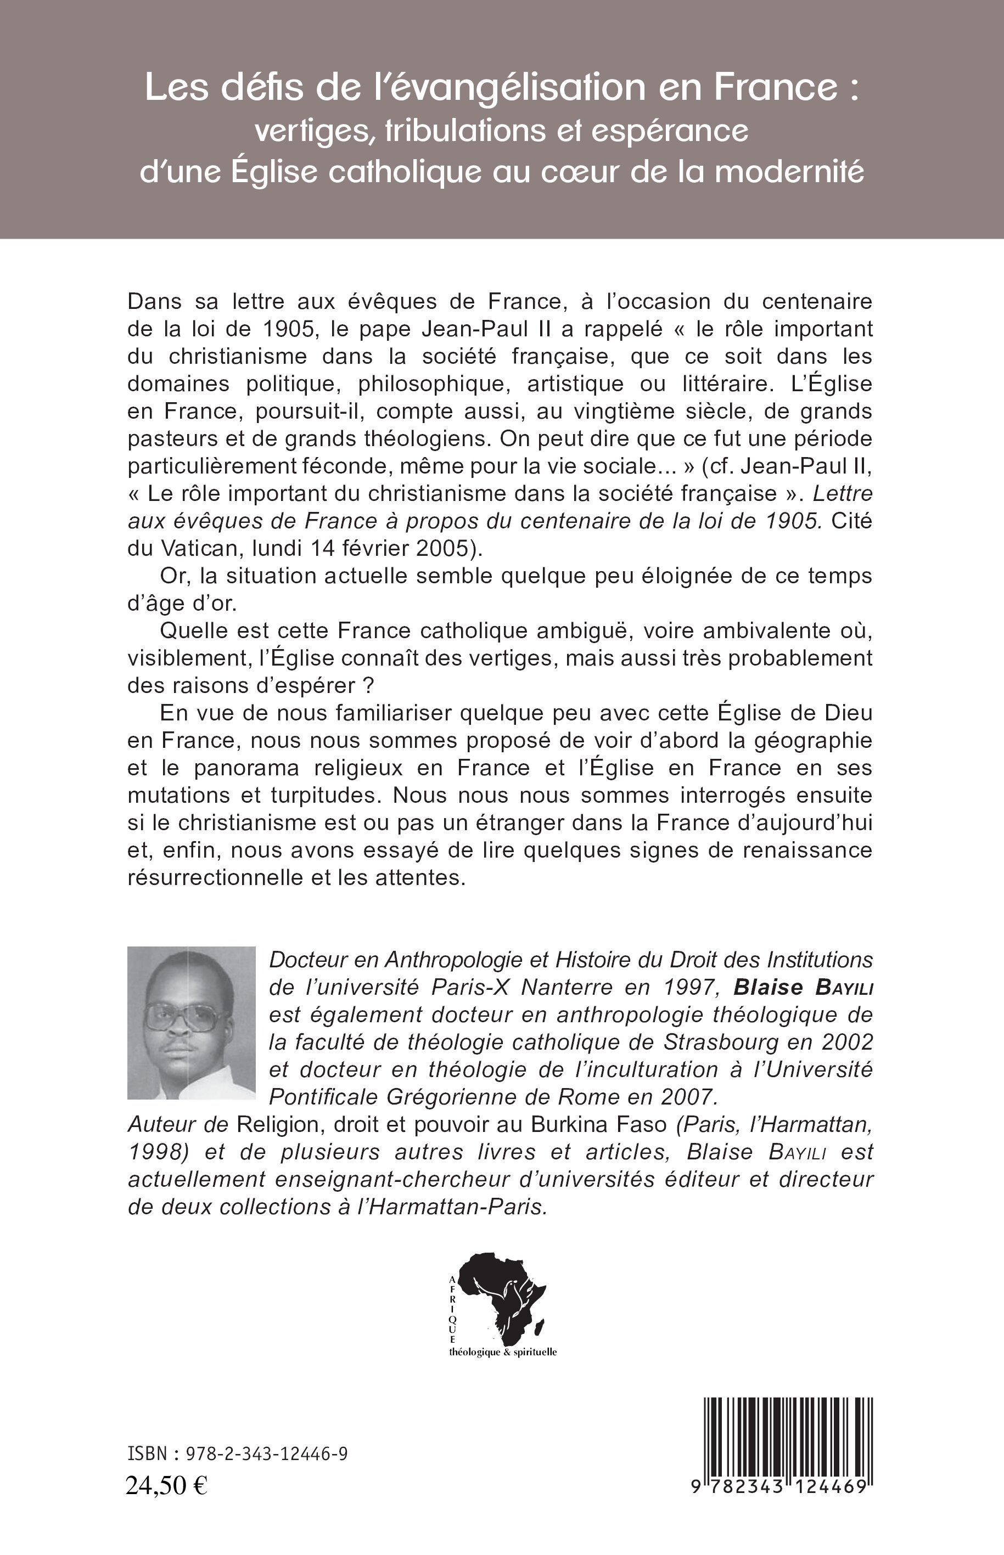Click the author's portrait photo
191,1023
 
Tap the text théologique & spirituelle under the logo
503,1353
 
